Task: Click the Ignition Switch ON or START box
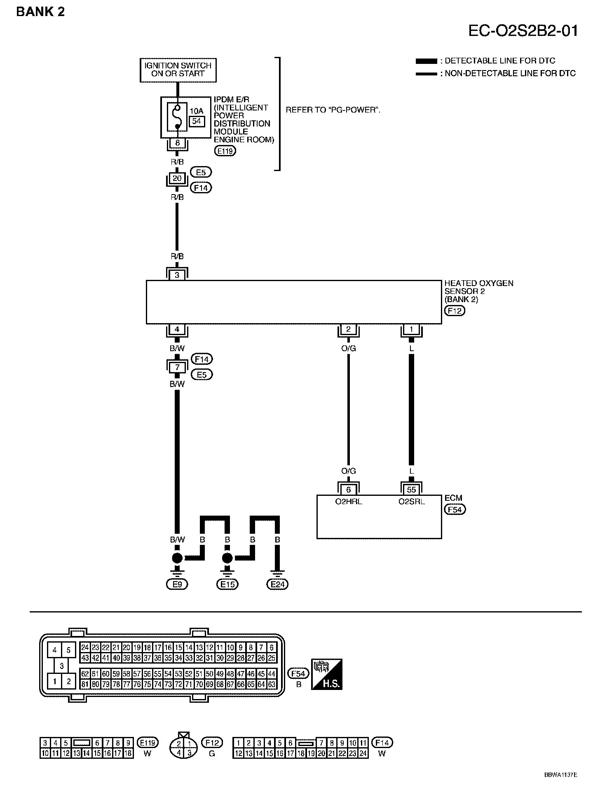[178, 70]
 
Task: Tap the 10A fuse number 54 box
[197, 121]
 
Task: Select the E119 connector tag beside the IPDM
[225, 151]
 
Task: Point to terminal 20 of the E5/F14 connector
[177, 178]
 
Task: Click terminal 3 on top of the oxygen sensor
[177, 275]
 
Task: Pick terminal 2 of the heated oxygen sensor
[348, 329]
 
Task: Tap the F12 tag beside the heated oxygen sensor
[455, 311]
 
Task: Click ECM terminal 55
[411, 489]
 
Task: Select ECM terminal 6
[348, 489]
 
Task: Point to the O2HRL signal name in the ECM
[348, 502]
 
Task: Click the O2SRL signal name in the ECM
[411, 502]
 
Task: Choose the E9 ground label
[177, 584]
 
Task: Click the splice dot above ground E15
[227, 558]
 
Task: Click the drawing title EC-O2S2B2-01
[523, 31]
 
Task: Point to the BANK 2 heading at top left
[40, 12]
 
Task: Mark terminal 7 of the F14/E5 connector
[177, 366]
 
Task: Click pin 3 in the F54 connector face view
[61, 666]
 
